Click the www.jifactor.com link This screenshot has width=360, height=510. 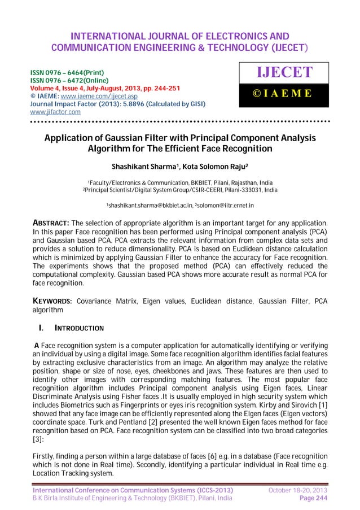(x=51, y=112)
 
